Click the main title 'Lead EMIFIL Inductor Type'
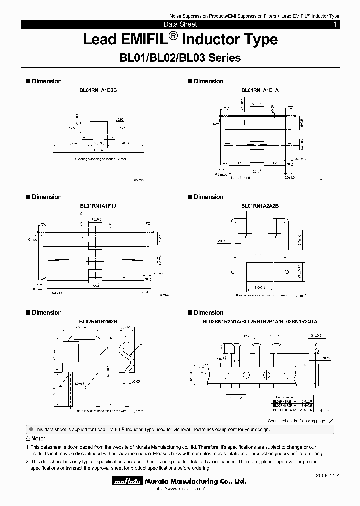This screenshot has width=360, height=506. click(180, 39)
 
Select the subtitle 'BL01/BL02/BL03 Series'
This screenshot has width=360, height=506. click(180, 58)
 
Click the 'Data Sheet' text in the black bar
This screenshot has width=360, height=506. click(180, 24)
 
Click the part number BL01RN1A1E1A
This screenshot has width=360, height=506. click(260, 90)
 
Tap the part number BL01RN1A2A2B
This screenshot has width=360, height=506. click(260, 206)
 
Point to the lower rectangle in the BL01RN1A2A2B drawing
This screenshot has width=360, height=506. click(260, 273)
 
